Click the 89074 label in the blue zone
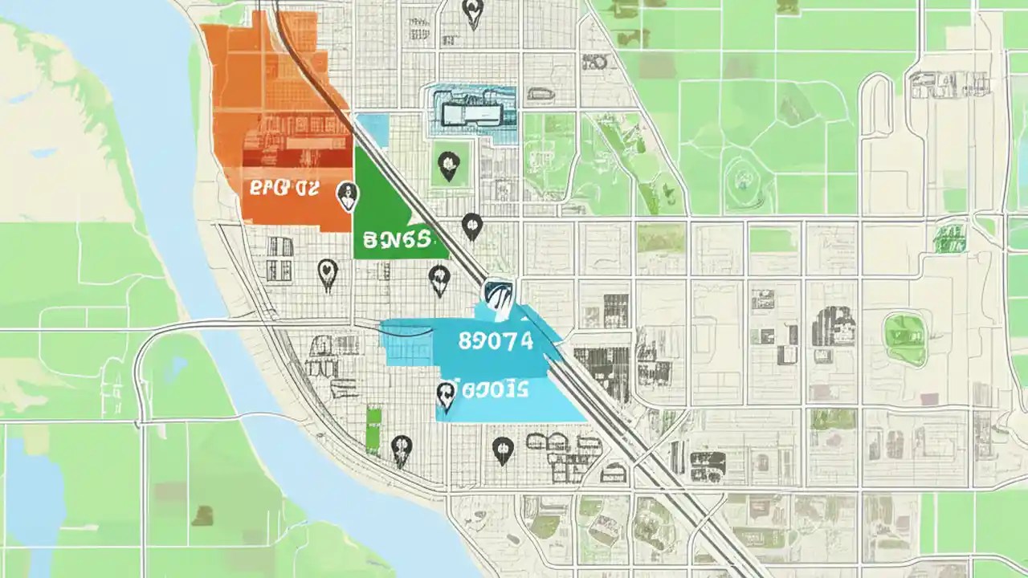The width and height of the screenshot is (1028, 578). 496,340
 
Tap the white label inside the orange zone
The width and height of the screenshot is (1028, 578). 284,189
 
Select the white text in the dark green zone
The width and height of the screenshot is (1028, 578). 397,238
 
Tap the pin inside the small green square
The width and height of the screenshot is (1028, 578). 447,166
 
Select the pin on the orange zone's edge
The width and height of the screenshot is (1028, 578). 347,195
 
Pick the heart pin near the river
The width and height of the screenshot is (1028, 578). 327,274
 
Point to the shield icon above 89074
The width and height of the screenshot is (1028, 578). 498,295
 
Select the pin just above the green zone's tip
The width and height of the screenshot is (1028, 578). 472,226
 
